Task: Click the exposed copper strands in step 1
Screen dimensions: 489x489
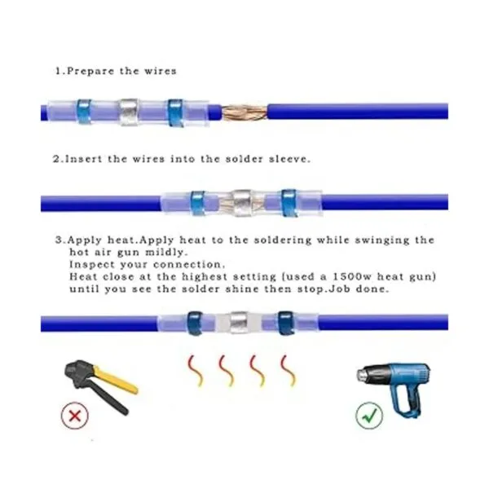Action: pos(244,112)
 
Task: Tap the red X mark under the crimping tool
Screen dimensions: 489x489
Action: pos(75,416)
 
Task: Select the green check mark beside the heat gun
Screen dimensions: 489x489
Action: pos(369,415)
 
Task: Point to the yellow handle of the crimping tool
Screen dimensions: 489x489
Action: pos(116,380)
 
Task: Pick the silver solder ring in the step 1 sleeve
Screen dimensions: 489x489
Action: pos(129,112)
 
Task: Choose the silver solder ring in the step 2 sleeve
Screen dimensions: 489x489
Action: pos(242,203)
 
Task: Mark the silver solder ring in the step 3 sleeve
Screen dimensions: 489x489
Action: pos(239,323)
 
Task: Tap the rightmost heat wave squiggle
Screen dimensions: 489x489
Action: pos(288,370)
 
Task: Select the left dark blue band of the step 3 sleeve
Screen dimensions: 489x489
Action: pos(195,323)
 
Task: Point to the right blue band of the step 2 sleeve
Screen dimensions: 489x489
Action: pos(289,203)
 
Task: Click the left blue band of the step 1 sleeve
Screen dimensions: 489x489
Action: pos(84,112)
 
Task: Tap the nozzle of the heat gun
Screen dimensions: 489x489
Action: pos(363,373)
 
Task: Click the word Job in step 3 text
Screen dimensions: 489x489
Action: pos(341,289)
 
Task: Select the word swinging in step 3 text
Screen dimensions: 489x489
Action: pos(381,240)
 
